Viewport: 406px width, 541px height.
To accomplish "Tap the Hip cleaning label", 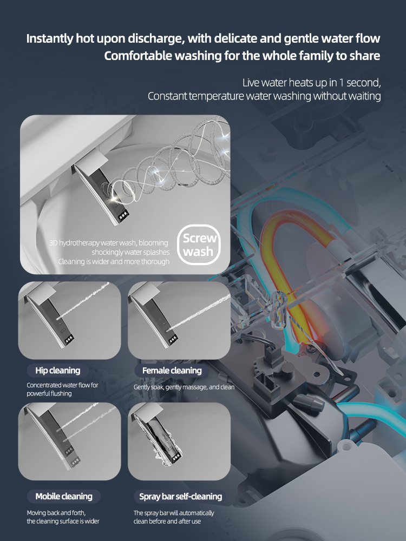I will pos(57,371).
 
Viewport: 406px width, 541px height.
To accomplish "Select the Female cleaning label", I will pos(172,371).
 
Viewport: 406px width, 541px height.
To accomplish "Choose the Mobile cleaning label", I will pos(64,496).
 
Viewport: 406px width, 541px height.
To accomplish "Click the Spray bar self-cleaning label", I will pos(180,496).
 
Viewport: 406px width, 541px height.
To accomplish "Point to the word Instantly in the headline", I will pos(52,39).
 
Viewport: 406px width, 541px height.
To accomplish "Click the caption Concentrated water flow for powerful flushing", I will pos(62,390).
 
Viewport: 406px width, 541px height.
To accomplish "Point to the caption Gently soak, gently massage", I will pos(184,387).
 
